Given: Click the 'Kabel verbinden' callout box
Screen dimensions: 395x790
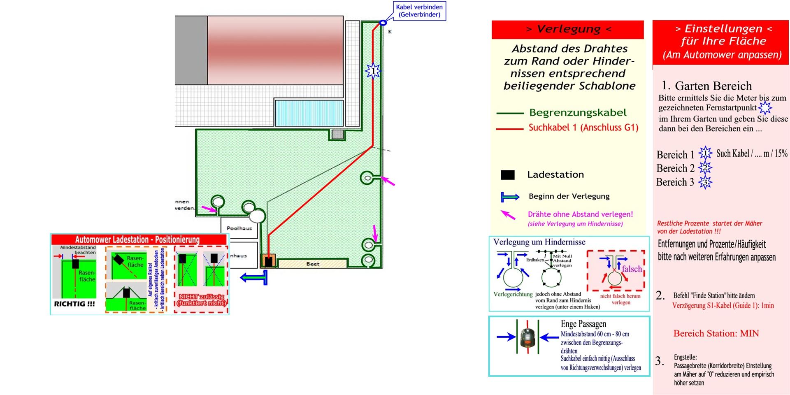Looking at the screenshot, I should (x=419, y=11).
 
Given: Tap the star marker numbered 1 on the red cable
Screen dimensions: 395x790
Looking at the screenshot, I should (x=373, y=71).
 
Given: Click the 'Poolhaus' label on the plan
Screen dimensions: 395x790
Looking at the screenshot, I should (x=239, y=228).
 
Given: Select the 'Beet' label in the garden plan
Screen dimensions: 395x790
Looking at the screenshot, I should (x=313, y=264).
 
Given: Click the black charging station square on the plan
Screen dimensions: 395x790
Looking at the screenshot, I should (x=269, y=261).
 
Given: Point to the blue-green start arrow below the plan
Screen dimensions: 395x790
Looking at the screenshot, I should (x=254, y=278).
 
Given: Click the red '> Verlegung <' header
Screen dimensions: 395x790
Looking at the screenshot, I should (x=568, y=29).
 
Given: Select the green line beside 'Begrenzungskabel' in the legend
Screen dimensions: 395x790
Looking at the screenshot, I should (x=510, y=113).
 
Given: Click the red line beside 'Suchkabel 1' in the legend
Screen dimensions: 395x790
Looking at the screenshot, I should (x=510, y=129).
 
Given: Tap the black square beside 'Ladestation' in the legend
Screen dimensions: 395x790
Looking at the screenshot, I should (x=508, y=175).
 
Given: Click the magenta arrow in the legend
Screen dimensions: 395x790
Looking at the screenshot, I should (x=508, y=215).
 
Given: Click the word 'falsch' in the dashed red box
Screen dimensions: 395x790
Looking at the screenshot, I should (x=632, y=269).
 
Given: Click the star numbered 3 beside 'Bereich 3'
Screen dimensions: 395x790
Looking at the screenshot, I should (x=705, y=182).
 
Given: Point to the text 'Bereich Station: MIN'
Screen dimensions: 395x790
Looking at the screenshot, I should (x=716, y=333).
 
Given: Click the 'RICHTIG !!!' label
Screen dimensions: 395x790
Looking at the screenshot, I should (x=74, y=304).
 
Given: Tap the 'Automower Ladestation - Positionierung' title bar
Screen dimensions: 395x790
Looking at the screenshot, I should (x=137, y=239).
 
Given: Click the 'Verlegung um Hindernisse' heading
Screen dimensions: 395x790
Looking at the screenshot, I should (x=539, y=242).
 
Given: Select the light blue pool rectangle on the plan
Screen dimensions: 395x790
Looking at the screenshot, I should (x=309, y=112).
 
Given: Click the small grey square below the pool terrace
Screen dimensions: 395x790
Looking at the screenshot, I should (x=337, y=134).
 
